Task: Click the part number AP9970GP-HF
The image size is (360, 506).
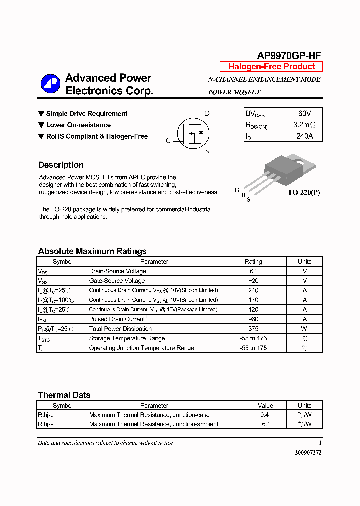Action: (x=289, y=56)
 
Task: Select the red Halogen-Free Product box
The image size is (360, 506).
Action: (x=271, y=67)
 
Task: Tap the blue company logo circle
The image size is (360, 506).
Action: (x=50, y=84)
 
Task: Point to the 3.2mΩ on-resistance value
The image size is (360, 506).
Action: (x=304, y=125)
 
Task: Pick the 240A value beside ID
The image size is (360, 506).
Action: (x=304, y=136)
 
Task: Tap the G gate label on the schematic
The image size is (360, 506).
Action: (x=168, y=141)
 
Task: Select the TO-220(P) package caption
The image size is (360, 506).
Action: (x=303, y=192)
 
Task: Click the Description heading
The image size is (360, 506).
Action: (x=61, y=165)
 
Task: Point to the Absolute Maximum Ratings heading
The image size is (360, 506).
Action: (x=92, y=251)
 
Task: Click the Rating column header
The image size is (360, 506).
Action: (x=253, y=261)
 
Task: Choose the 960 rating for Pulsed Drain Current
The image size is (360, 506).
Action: (x=253, y=319)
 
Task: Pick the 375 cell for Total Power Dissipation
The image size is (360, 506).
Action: (x=253, y=329)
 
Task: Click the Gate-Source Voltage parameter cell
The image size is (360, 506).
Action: (x=117, y=281)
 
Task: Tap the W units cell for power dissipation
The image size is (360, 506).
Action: (x=304, y=329)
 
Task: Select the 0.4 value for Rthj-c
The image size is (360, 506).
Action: (x=265, y=415)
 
